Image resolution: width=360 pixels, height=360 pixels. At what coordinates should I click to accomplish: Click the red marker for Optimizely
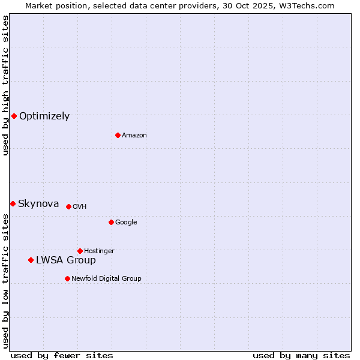[x=14, y=116]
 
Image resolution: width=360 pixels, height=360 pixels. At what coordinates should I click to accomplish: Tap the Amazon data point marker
[x=118, y=135]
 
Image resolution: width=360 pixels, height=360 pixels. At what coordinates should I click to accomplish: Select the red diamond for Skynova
[x=13, y=203]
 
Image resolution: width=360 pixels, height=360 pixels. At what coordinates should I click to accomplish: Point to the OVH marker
[x=68, y=206]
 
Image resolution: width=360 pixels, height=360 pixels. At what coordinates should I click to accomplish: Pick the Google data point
[x=111, y=222]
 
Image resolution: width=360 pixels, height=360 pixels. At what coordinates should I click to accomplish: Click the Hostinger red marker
[x=80, y=251]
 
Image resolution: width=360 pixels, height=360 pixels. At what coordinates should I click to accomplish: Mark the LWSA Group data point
[x=31, y=260]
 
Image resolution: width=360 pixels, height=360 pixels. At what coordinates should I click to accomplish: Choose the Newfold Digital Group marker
[x=67, y=278]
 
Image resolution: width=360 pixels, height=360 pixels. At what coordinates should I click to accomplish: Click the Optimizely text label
[x=44, y=116]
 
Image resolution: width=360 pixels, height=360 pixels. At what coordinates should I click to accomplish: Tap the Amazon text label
[x=134, y=136]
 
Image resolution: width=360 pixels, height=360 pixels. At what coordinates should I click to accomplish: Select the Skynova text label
[x=38, y=204]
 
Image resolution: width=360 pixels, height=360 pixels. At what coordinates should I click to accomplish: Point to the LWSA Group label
[x=66, y=260]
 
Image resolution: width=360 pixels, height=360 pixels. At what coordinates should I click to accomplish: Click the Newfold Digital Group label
[x=107, y=279]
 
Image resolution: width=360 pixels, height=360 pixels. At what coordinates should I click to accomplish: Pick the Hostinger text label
[x=99, y=251]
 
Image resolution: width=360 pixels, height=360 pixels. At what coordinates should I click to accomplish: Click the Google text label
[x=126, y=223]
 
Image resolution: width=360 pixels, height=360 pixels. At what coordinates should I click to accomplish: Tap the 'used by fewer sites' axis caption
[x=62, y=355]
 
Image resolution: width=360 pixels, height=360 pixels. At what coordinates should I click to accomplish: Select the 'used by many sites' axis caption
[x=301, y=355]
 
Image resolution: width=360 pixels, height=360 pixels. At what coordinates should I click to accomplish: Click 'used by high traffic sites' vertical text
[x=5, y=85]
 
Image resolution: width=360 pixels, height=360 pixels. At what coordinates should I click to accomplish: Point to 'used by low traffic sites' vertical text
[x=5, y=280]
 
